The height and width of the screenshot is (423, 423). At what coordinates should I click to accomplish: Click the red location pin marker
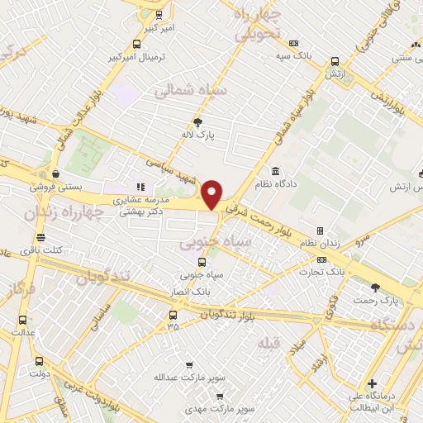coord(212,194)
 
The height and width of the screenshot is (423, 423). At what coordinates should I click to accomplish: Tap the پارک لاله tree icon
coord(197,121)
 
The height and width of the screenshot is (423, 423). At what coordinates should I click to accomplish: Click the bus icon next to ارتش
coord(335,61)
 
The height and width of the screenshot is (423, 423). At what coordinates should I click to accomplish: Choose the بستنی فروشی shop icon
coord(55,174)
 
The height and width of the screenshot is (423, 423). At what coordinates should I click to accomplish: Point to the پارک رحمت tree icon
coord(376,288)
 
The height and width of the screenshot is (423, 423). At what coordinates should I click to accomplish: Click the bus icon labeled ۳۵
coord(173,315)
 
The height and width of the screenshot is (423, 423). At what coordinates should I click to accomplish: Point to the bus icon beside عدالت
coord(21,320)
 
